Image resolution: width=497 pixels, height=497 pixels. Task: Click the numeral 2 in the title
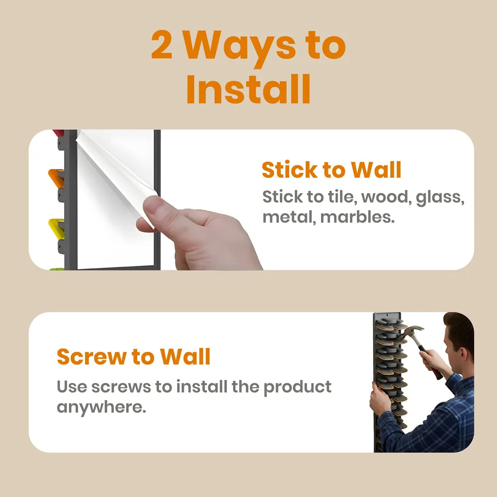(162, 45)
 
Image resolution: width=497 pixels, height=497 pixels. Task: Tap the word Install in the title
(248, 89)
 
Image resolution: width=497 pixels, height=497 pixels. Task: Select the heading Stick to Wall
(331, 170)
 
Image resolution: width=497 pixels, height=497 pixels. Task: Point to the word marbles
(357, 217)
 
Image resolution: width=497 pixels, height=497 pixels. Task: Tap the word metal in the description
(289, 217)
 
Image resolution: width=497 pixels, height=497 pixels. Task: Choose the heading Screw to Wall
(133, 356)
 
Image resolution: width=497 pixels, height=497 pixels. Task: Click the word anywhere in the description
(101, 407)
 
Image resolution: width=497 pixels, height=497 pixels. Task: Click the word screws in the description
(121, 388)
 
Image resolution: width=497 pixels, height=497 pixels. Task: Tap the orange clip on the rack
(56, 177)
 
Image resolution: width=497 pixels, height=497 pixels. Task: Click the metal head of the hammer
(412, 331)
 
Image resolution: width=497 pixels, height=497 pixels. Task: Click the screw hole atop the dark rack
(387, 315)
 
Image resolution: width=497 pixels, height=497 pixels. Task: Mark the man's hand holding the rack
(380, 400)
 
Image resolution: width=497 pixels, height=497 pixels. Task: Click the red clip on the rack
(58, 133)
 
